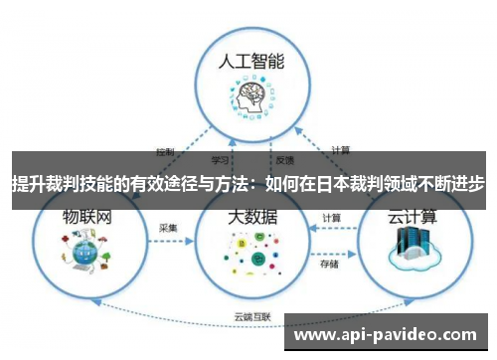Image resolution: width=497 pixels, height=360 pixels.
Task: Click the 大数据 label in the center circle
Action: click(x=252, y=216)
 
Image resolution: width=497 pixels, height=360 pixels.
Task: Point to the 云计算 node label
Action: click(x=411, y=216)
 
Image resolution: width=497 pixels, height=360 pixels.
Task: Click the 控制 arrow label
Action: click(x=165, y=152)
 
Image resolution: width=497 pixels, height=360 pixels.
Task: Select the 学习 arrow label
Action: click(x=222, y=159)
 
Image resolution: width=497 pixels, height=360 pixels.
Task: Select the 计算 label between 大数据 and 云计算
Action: click(x=332, y=218)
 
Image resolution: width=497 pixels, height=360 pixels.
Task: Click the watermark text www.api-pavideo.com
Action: click(x=389, y=335)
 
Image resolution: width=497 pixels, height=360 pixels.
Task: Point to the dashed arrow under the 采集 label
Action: click(x=169, y=241)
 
